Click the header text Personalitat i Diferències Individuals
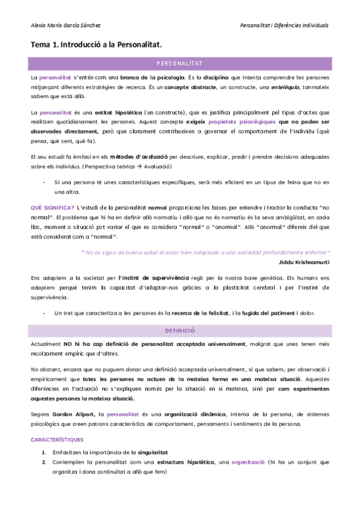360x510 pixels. coord(284,25)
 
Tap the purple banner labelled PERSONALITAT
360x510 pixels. coord(180,63)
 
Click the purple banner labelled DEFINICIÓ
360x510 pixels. coord(180,331)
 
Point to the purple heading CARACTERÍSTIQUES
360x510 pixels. coord(58,440)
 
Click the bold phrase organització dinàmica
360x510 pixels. coord(194,414)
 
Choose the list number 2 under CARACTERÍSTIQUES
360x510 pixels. coord(44,462)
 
